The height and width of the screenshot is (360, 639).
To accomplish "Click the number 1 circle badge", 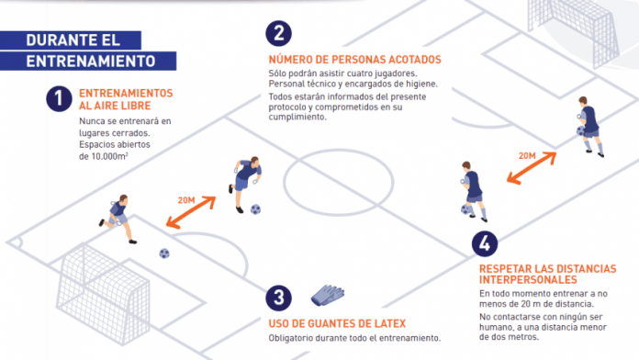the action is point(59,99).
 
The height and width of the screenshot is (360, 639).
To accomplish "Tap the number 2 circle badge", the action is point(279,33).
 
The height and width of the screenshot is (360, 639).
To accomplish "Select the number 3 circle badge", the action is point(279,298).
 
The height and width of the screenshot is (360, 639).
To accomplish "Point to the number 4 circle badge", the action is point(485,243).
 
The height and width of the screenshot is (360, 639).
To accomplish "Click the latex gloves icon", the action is point(328,295).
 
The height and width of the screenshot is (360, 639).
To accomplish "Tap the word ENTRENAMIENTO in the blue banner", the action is point(91,62).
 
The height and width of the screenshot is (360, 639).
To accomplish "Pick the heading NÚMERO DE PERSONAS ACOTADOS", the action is point(354,60).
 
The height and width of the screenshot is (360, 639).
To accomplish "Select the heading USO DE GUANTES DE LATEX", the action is point(337,323).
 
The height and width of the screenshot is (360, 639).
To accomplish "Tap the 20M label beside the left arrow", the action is point(186,200).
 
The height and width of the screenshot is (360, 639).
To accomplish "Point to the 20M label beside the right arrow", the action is point(527,156).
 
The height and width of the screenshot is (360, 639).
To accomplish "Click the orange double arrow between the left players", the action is point(191,212).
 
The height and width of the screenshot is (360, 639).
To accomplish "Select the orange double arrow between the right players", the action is point(532,168).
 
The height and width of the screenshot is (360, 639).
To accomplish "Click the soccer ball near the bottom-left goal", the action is point(164,253).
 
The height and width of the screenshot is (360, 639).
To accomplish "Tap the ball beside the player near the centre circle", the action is point(255,209).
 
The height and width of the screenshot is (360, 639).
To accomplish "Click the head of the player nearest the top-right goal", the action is point(583,101).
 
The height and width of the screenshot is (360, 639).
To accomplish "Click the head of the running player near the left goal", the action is point(123,198).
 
